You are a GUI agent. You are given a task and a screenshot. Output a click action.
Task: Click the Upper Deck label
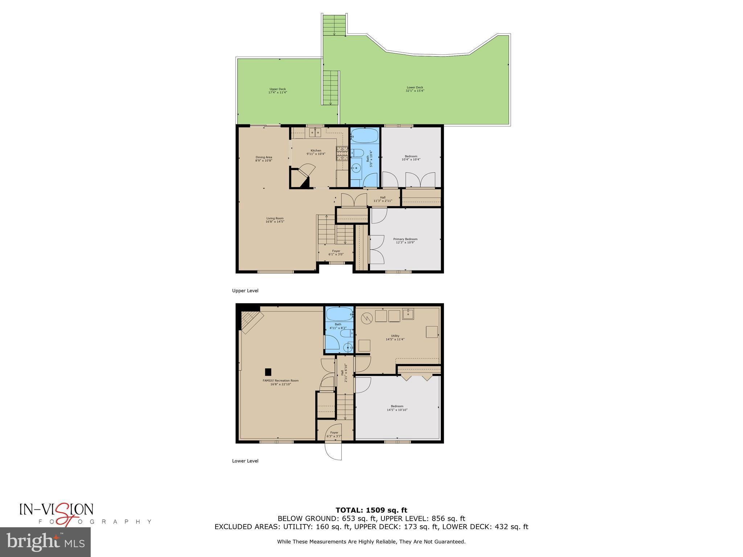coord(278,91)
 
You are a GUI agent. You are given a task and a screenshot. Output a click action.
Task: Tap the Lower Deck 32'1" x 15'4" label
coord(415,89)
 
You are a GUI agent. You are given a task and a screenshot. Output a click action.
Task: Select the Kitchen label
coord(316,152)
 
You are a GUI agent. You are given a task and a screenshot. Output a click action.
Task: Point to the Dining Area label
coord(264,159)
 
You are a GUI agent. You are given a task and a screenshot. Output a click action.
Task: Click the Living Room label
coord(275,220)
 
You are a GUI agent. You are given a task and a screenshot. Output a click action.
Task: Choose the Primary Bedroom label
coord(405,240)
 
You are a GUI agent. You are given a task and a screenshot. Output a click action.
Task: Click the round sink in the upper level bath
coord(357,168)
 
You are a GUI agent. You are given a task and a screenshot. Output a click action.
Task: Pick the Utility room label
coord(395,338)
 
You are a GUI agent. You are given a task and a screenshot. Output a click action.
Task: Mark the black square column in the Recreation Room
coord(268,372)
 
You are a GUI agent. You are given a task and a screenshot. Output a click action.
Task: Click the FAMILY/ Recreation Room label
coord(280,382)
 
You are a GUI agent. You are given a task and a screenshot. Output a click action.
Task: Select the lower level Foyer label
coord(334,434)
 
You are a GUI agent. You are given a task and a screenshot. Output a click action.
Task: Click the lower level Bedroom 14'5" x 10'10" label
coord(397,408)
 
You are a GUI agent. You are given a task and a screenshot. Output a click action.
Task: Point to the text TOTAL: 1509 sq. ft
coord(371,510)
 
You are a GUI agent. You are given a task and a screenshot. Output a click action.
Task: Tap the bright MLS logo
coord(45,542)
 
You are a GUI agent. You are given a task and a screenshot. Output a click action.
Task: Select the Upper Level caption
coord(245,291)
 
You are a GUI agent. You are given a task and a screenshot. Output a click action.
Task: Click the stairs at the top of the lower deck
coord(334,25)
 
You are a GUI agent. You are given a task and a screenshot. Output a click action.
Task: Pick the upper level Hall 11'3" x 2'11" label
coord(383,199)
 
